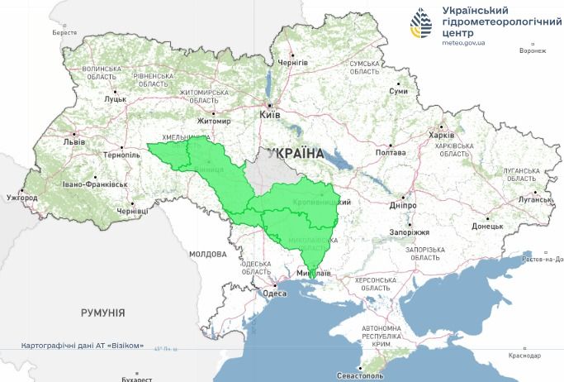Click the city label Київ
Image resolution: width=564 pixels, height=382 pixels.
point(271,116)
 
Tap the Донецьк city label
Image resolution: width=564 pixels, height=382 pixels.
point(487,226)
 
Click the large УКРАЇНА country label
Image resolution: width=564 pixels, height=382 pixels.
point(295,153)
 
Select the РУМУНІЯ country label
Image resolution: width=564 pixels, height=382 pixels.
point(102,313)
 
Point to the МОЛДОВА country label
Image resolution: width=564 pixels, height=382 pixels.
point(207,254)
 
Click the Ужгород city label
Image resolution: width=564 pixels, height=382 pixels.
point(21,198)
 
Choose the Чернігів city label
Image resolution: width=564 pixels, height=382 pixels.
point(292,63)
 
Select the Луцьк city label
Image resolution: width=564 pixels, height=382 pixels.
point(115,99)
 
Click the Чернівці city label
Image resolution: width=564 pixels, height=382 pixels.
point(132,212)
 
